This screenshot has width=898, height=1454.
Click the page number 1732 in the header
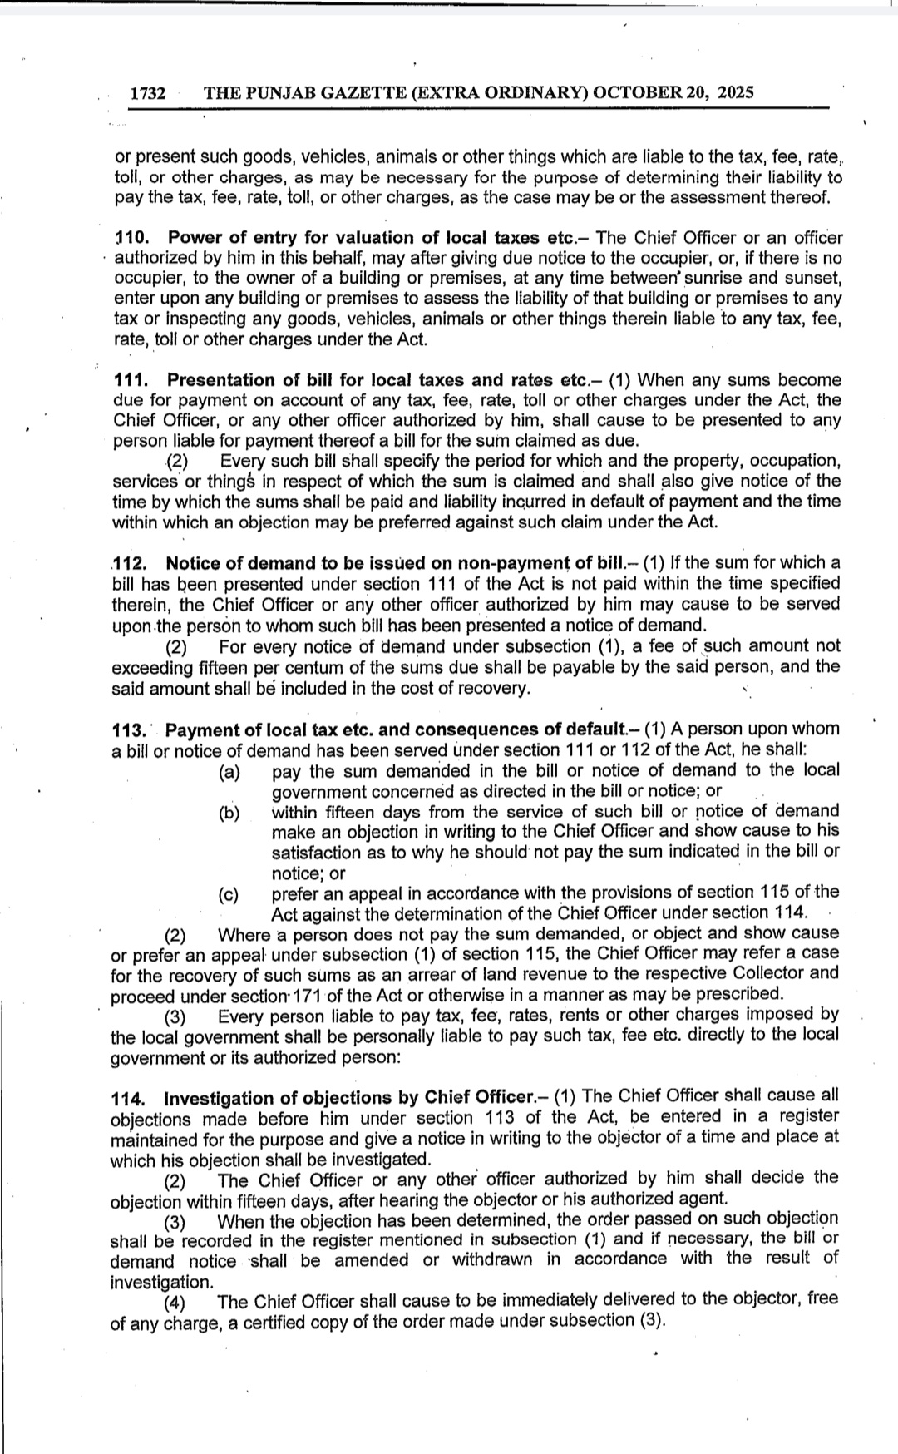click(148, 93)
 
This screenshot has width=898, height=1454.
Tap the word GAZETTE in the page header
click(363, 92)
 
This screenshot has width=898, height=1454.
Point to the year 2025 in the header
click(736, 92)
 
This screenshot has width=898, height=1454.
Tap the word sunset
click(813, 278)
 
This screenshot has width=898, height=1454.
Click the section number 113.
click(128, 730)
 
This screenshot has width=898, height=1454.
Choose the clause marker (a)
click(229, 772)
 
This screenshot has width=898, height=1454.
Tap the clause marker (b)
click(229, 813)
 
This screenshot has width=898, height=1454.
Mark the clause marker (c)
click(229, 894)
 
